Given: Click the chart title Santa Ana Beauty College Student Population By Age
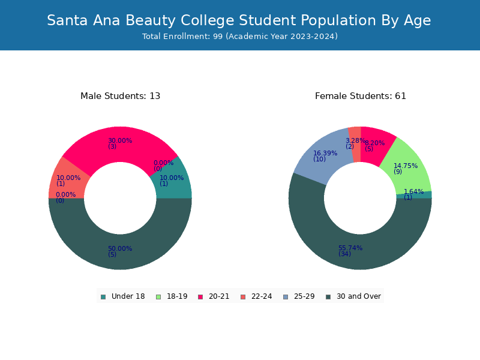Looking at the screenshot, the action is point(239,20).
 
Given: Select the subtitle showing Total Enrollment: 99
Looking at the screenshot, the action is point(240,37).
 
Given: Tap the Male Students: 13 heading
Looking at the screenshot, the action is point(121,96).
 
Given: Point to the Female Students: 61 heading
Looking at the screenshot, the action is point(361,96).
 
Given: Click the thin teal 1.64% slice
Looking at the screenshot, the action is point(415,195).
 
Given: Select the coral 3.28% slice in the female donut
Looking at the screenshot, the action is point(355,144).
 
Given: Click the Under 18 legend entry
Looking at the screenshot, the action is point(122,296).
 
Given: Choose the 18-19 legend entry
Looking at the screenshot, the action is point(172,296).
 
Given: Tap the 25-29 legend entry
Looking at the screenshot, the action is point(299,296).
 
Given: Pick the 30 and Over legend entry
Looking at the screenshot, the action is point(353,296).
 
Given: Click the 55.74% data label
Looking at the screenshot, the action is point(350,248).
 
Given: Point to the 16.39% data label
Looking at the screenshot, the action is point(325,153).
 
